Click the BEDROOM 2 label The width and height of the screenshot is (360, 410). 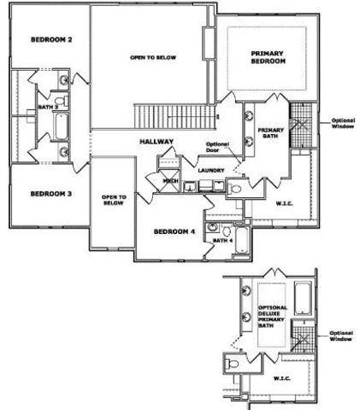click(50, 40)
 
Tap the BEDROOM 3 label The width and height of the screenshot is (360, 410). click(50, 194)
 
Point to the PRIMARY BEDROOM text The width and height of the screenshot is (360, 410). click(267, 58)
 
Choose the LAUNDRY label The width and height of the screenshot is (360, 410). click(211, 170)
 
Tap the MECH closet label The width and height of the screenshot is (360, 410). click(169, 181)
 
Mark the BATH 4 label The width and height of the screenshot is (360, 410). click(222, 240)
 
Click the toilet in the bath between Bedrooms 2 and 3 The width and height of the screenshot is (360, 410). click(58, 102)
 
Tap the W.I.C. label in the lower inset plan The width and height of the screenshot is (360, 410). click(281, 377)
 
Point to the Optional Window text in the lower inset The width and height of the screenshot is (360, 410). click(341, 336)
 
